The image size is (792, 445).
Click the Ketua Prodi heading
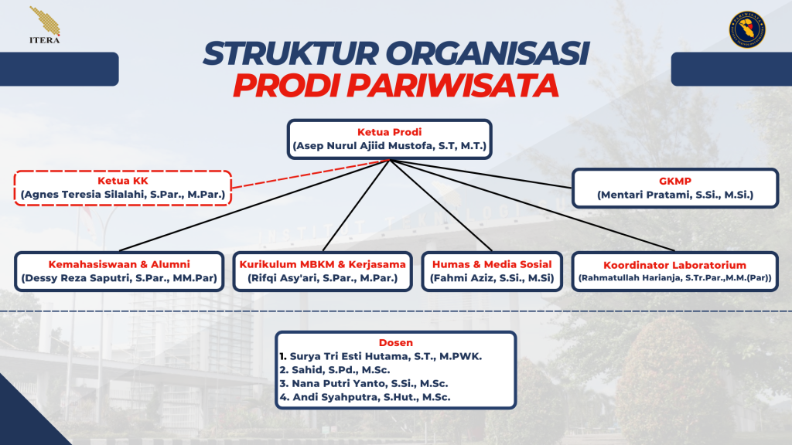389,131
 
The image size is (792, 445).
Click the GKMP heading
675,181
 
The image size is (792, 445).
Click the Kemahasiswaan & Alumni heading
118,263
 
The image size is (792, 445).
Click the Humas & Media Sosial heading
492,263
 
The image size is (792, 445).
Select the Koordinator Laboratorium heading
675,265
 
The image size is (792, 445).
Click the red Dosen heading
395,342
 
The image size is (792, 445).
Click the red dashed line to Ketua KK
309,173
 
